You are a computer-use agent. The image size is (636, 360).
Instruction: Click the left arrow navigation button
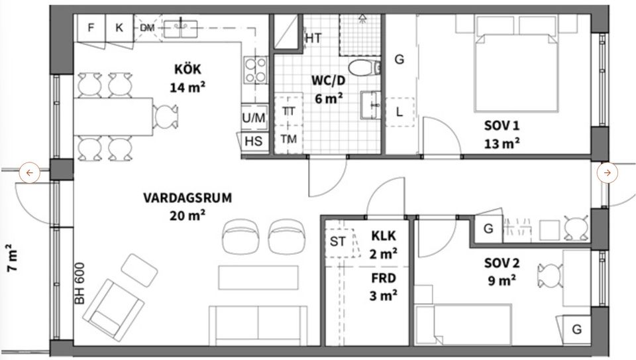[30, 173]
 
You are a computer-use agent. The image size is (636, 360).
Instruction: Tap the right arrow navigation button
[607, 173]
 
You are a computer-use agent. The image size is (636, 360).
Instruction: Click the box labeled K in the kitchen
[119, 28]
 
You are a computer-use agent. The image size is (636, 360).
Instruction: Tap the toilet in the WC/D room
[363, 67]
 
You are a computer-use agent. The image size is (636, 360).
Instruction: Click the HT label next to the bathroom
[313, 38]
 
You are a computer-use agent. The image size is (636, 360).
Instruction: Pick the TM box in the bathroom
[288, 139]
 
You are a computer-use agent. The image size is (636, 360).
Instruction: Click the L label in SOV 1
[399, 112]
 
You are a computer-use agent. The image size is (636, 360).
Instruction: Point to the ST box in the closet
[338, 241]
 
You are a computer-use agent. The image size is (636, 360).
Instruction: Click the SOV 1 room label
[502, 126]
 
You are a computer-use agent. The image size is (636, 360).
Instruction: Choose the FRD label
[384, 278]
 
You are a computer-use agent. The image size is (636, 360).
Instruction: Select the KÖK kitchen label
[187, 69]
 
